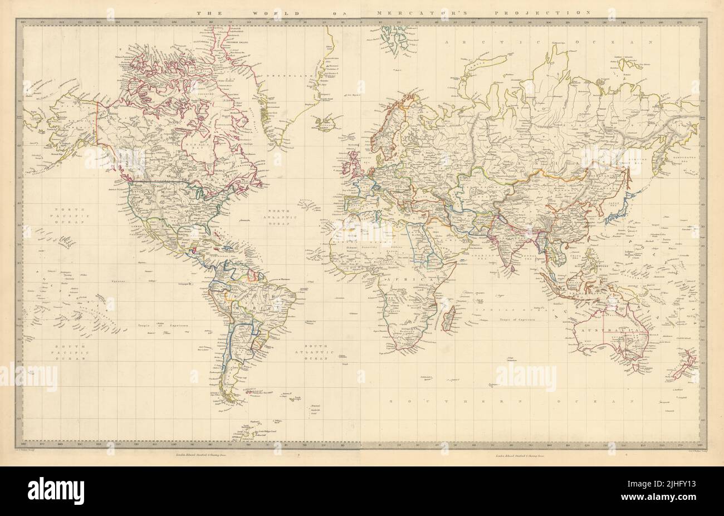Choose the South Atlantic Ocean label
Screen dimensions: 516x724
[315, 354]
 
